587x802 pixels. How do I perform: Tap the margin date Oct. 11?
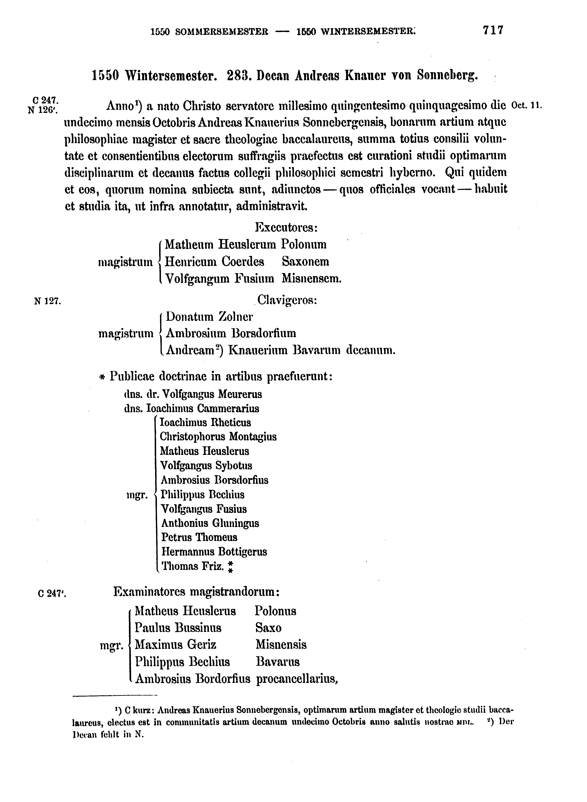526,105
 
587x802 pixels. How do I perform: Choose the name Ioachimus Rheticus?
205,423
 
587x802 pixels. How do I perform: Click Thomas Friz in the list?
192,566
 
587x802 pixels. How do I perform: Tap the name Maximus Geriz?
175,645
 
